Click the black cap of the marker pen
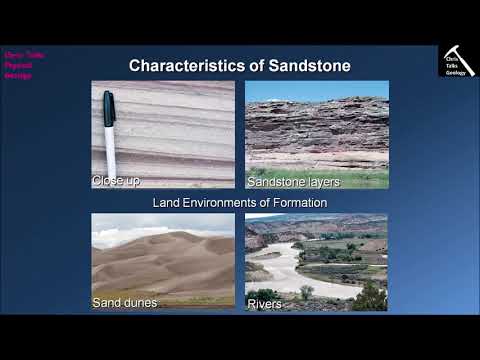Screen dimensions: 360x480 (x=108, y=109)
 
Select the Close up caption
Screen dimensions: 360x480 (x=115, y=181)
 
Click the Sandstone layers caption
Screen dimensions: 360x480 (x=293, y=181)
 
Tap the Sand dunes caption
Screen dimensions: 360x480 (x=124, y=302)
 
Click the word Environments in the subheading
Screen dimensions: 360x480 (x=231, y=202)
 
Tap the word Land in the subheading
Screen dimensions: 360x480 (x=165, y=202)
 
